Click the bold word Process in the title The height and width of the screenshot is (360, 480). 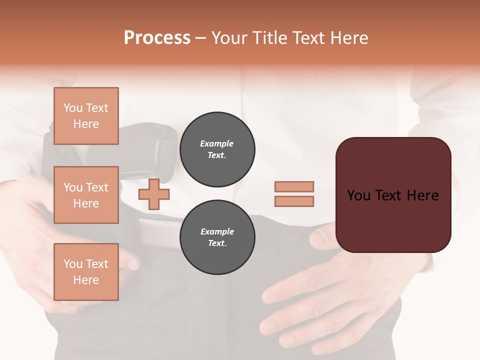157,38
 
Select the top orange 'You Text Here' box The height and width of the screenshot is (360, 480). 86,116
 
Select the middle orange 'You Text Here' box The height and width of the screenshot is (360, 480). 86,195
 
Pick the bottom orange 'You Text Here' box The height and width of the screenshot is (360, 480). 86,272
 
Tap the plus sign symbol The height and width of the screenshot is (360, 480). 153,194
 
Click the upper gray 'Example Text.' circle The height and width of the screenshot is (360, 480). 217,149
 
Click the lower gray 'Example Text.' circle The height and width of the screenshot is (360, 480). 217,237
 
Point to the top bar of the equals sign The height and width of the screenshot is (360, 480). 294,186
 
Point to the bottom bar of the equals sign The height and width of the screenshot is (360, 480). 294,201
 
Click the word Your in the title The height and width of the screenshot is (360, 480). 229,38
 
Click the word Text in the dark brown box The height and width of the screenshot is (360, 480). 392,195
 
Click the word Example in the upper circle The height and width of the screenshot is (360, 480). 217,143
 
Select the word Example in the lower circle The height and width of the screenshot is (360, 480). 217,231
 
